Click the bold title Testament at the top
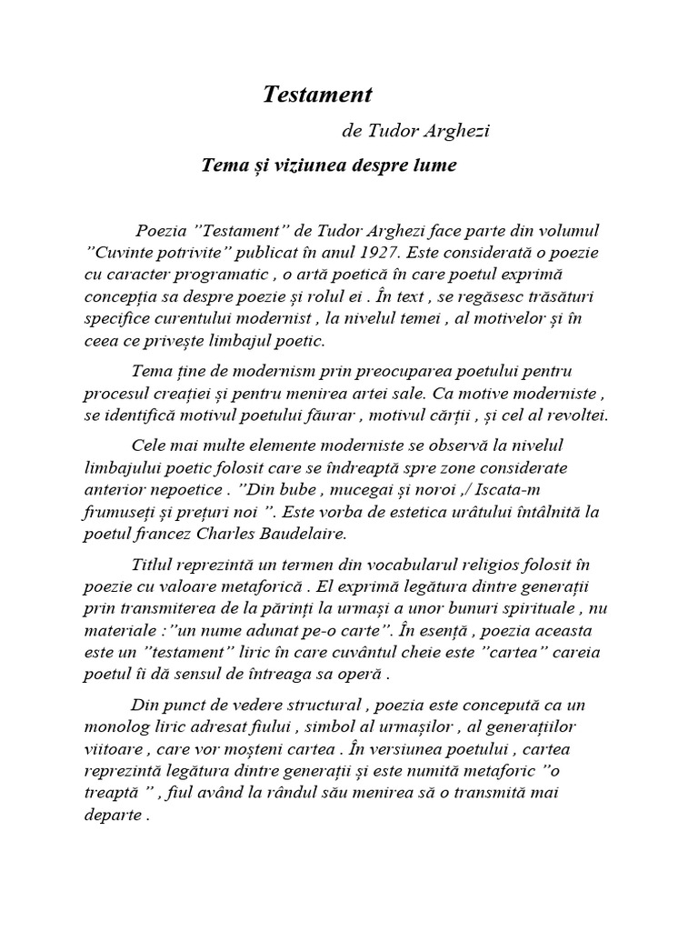(x=317, y=94)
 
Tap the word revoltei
(x=575, y=415)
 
